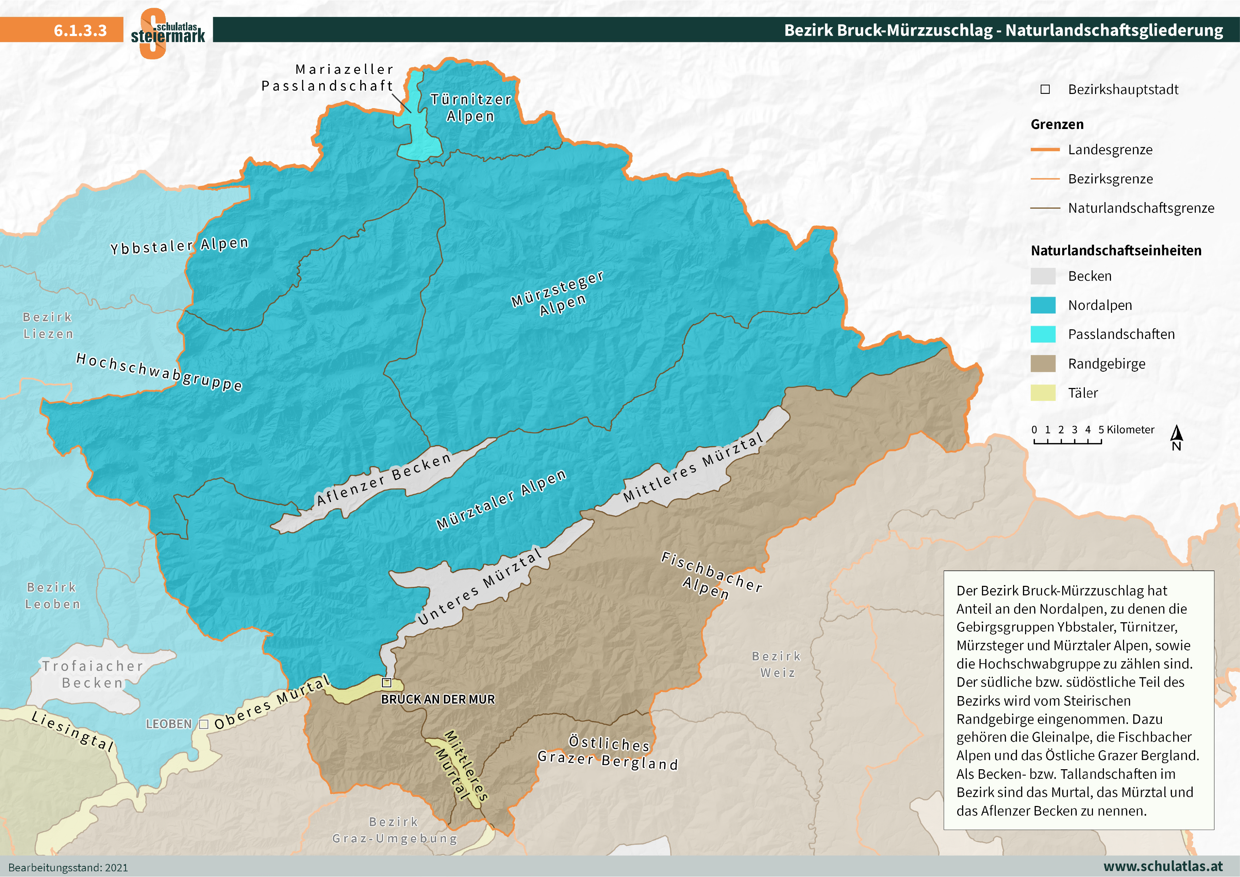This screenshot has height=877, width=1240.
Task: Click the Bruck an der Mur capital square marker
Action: click(x=386, y=683)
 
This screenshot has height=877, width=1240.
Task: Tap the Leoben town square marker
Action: click(x=204, y=724)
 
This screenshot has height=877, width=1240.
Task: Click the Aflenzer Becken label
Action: click(x=384, y=479)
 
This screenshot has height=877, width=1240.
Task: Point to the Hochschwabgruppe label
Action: click(x=159, y=371)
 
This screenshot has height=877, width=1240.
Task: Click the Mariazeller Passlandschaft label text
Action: click(x=328, y=78)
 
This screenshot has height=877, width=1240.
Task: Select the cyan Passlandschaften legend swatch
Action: click(x=1042, y=334)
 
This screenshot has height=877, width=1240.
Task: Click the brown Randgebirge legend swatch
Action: click(x=1042, y=364)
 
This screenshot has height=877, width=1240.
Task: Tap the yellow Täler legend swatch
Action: click(x=1042, y=393)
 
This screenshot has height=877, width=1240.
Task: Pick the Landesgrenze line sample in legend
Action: click(x=1045, y=149)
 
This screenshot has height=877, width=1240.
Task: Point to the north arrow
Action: click(x=1177, y=437)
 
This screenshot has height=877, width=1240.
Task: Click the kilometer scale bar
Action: click(x=1067, y=441)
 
